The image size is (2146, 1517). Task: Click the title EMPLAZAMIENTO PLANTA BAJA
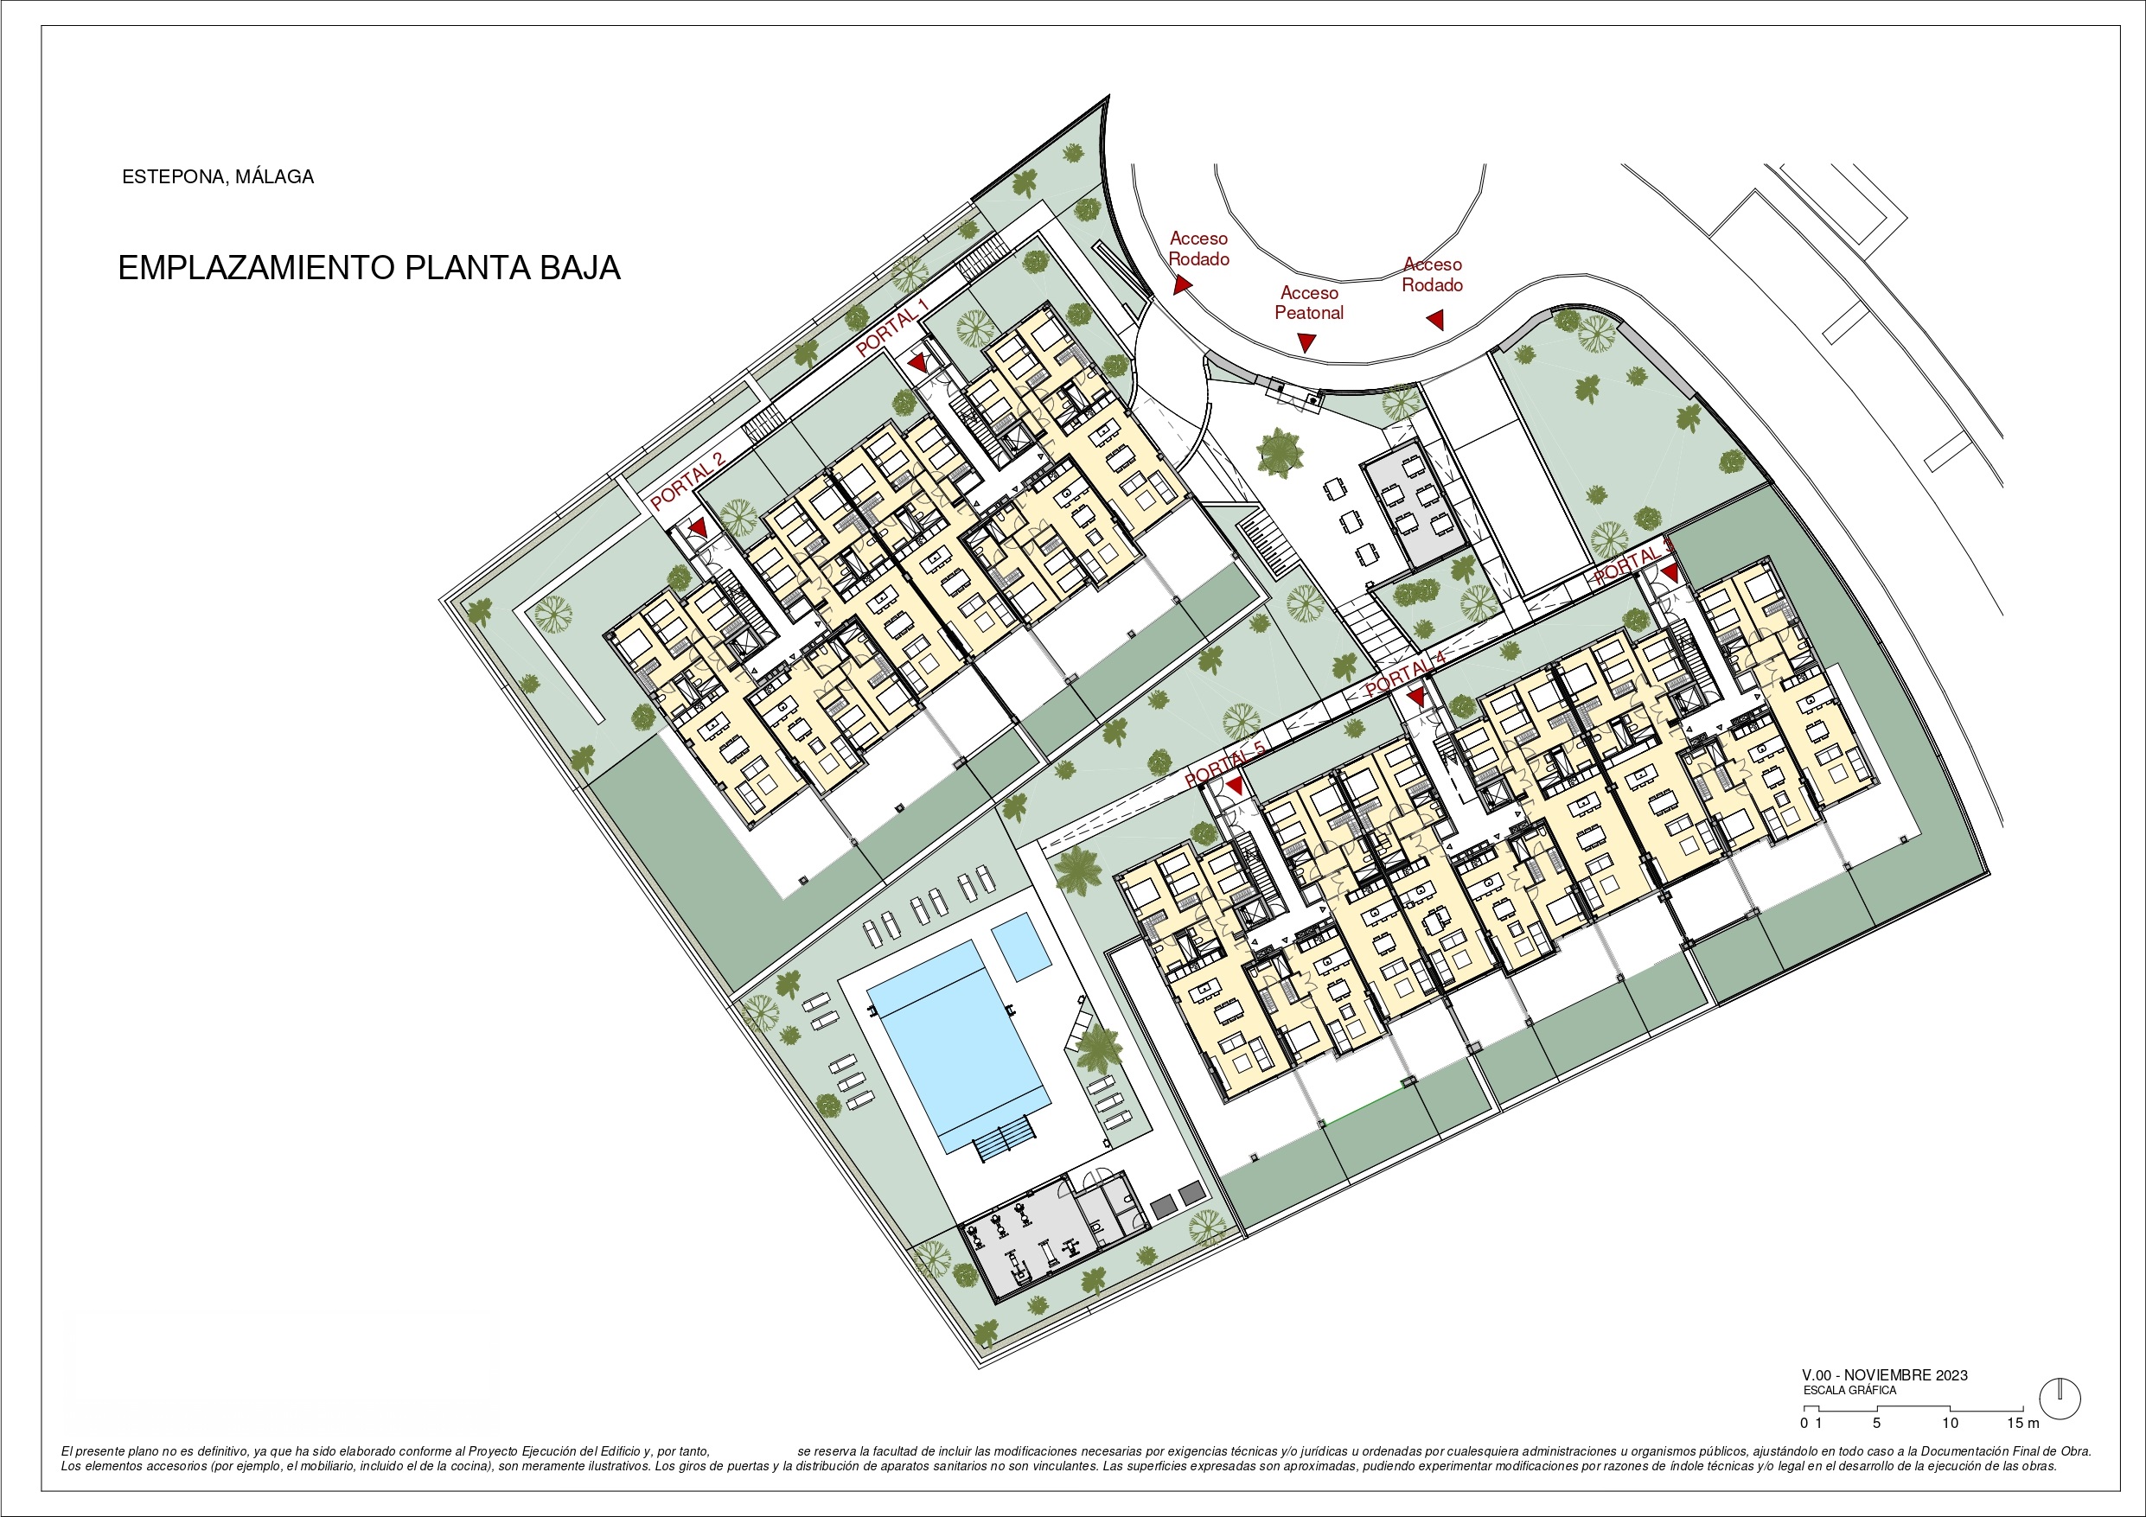369,268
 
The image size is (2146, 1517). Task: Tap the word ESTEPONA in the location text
173,176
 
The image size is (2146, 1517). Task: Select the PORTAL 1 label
891,326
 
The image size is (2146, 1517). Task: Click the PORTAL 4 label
1405,674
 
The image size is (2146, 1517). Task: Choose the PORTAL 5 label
1224,763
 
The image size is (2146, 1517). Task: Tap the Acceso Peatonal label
1309,303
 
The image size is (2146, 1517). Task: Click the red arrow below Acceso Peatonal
1306,342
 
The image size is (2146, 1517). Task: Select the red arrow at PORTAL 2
697,529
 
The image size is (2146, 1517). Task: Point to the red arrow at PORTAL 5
1235,786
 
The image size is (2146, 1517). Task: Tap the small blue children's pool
1020,946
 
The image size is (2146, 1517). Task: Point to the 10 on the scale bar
1950,1424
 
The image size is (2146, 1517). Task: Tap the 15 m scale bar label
2023,1424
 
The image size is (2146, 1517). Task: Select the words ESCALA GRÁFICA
1849,1390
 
